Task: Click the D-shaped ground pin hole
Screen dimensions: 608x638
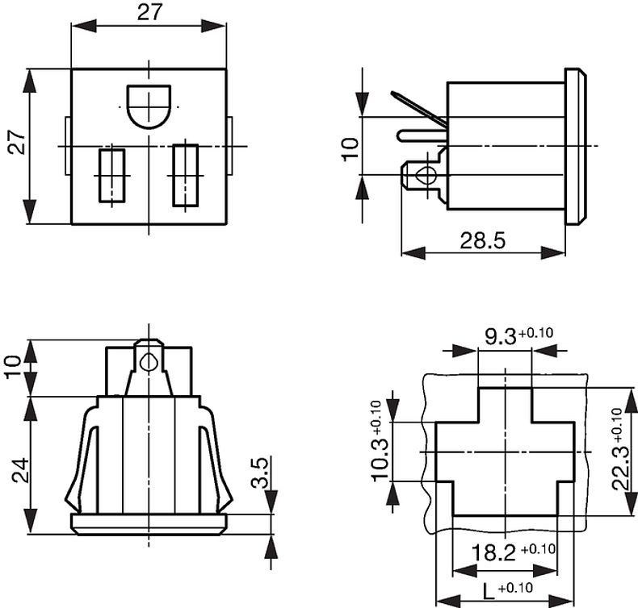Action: (x=149, y=106)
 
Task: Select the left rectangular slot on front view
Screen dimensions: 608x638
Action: (x=111, y=174)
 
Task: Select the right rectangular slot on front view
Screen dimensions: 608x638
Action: (x=186, y=174)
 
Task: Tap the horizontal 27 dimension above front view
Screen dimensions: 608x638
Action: (x=149, y=13)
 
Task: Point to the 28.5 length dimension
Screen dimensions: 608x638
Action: (x=483, y=240)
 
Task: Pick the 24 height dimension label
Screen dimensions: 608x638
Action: (x=21, y=470)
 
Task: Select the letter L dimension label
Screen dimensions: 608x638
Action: (x=488, y=589)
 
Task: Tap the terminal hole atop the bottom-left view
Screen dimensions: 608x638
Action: (x=146, y=362)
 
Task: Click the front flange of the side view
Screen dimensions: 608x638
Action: (x=575, y=146)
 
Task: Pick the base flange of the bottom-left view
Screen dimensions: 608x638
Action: (x=149, y=523)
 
